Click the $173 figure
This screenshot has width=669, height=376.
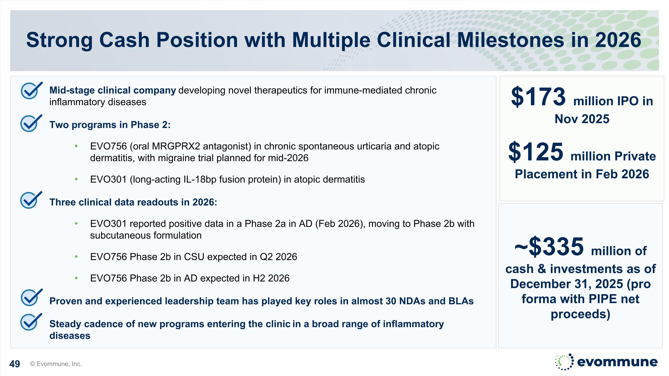pos(538,97)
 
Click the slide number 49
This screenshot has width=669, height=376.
pos(14,364)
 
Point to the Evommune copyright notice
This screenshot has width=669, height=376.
pos(56,364)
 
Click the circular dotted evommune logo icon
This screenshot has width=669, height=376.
pos(565,362)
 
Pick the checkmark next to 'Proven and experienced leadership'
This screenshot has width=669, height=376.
pos(31,297)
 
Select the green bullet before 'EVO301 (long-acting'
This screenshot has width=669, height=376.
pos(76,179)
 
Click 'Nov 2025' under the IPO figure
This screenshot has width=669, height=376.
pos(582,119)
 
